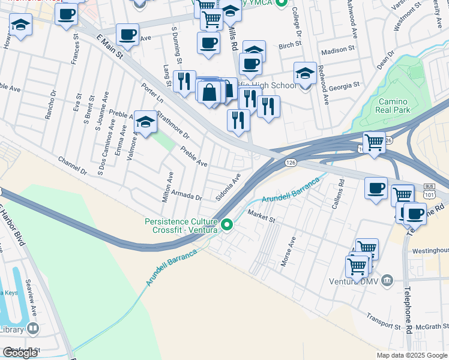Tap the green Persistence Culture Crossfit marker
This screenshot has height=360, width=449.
(227, 225)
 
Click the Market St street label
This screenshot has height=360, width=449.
(261, 217)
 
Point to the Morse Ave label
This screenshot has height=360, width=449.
(288, 251)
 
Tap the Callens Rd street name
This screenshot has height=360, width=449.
(339, 193)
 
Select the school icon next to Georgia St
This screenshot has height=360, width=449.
(305, 74)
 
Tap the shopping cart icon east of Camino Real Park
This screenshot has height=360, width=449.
(374, 143)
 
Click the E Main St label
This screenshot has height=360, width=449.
(109, 46)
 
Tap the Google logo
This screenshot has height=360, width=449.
(21, 352)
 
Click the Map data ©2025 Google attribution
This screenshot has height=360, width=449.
(411, 355)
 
